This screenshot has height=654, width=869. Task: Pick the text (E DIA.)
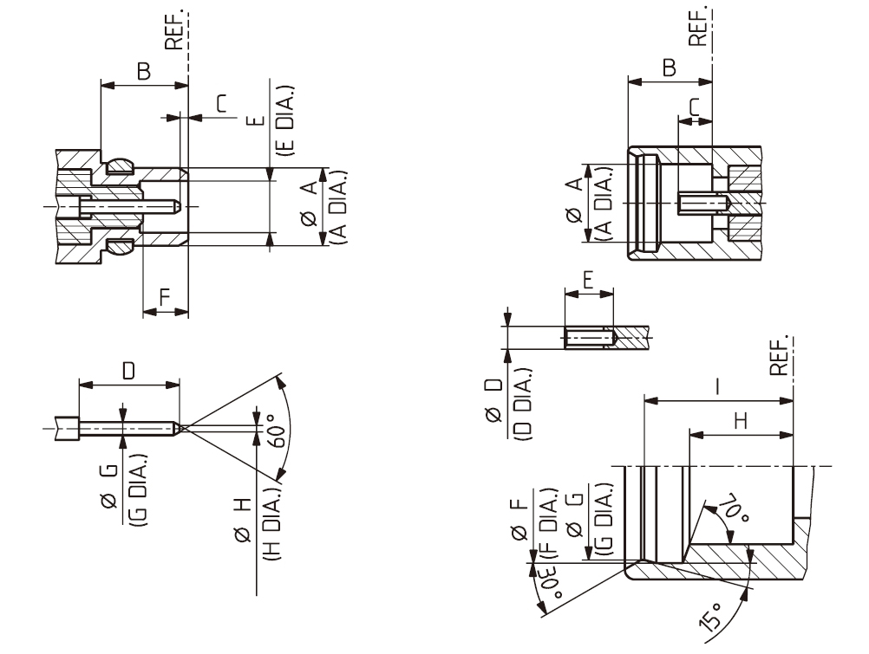tap(285, 120)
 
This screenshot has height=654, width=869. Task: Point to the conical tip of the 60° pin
tap(178, 427)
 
